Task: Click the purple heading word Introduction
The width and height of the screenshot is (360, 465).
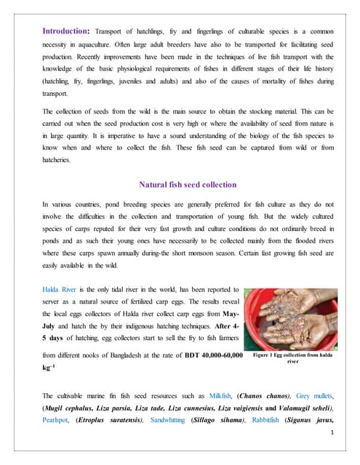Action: pyautogui.click(x=65, y=31)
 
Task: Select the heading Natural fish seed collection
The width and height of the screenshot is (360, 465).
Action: pyautogui.click(x=179, y=164)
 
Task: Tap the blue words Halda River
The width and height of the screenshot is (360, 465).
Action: pyautogui.click(x=61, y=291)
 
